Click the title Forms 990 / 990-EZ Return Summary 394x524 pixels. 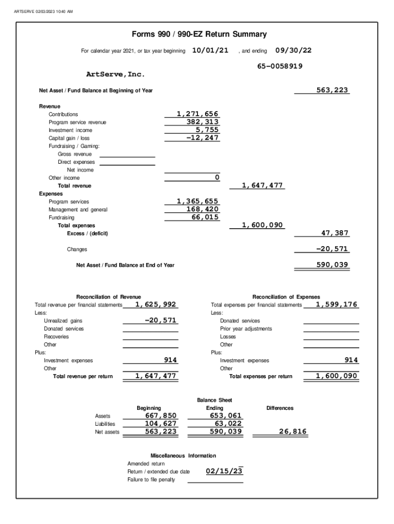click(x=199, y=34)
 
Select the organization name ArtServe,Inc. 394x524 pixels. click(x=115, y=75)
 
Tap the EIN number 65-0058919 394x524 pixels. click(x=279, y=66)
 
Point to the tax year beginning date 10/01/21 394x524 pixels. click(x=210, y=50)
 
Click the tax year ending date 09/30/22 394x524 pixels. click(x=293, y=50)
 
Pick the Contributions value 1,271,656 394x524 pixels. click(x=198, y=114)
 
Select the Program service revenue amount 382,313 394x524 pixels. click(x=203, y=122)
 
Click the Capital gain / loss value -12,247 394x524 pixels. click(x=203, y=138)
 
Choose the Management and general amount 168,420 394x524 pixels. click(x=203, y=209)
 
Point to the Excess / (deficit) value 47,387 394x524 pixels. click(x=335, y=233)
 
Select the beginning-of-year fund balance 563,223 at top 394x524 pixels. click(x=332, y=90)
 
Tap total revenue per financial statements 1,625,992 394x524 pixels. click(x=156, y=304)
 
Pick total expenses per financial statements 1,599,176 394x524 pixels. click(x=337, y=304)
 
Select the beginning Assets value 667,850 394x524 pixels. click(x=161, y=416)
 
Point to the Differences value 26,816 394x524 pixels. click(x=293, y=432)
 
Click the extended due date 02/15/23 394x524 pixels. click(x=224, y=471)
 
